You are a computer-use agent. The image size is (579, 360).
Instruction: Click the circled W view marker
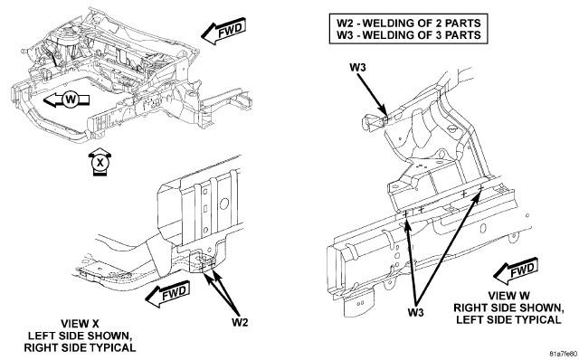[70, 99]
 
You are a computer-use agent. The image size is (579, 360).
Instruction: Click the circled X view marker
[100, 162]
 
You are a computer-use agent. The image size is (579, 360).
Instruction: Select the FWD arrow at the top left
[223, 31]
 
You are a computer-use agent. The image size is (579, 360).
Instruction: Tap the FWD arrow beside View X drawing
[168, 294]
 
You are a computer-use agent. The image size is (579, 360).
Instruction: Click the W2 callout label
[240, 322]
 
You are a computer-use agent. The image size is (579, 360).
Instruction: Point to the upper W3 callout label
[358, 68]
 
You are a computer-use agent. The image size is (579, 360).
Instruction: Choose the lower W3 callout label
[415, 313]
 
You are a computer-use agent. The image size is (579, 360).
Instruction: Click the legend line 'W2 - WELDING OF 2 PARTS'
[408, 24]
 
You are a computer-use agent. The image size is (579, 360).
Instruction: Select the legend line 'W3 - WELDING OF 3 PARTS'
[408, 35]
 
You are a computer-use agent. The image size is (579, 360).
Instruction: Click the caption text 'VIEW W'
[508, 296]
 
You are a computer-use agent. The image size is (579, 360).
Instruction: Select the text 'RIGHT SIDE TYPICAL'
[80, 347]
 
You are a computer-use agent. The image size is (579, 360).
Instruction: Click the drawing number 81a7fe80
[563, 354]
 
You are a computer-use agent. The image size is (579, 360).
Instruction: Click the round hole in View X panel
[223, 204]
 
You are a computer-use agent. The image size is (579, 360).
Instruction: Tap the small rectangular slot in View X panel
[205, 209]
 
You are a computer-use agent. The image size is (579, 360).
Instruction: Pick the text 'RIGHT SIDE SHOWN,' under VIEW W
[508, 308]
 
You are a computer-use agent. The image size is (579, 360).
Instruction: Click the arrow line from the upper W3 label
[375, 95]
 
